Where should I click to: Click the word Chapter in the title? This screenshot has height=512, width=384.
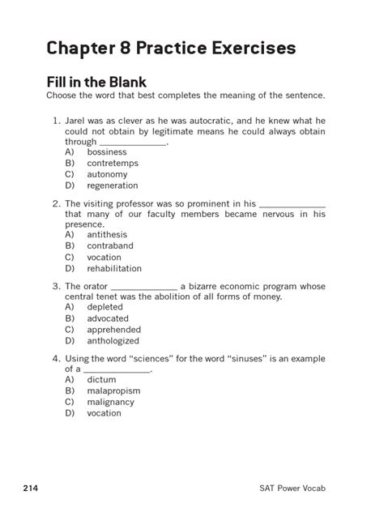(80, 49)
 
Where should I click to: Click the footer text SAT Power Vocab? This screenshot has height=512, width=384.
(315, 488)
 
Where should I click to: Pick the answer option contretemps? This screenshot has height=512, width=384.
(113, 164)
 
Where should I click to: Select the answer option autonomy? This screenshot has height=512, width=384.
(107, 174)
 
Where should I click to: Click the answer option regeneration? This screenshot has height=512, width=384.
(113, 186)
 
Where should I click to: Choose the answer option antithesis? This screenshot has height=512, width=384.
(107, 235)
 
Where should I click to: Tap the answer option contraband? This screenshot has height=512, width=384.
(110, 246)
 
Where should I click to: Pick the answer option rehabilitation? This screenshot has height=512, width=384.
(114, 268)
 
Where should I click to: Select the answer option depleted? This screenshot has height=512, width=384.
(105, 308)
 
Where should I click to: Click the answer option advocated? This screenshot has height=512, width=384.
(108, 319)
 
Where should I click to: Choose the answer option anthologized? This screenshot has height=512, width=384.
(113, 341)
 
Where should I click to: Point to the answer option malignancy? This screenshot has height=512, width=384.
(112, 402)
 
